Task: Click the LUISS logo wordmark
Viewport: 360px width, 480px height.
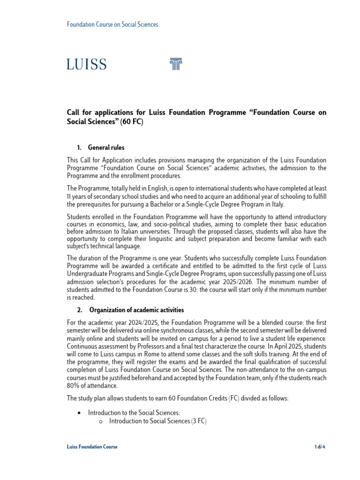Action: tap(87, 64)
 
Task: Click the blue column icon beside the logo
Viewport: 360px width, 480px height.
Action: tap(175, 64)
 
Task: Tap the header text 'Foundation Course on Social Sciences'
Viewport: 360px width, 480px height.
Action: tap(112, 24)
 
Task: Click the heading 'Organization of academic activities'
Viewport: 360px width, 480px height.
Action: tap(136, 310)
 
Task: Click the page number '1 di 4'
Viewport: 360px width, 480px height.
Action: tap(320, 447)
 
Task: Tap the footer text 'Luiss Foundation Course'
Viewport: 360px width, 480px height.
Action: tap(92, 447)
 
